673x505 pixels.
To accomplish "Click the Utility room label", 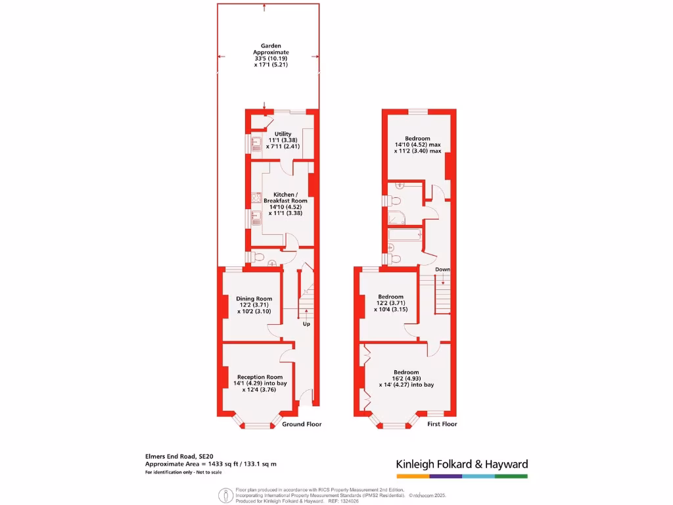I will (283, 134).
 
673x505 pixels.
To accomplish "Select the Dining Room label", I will (254, 299).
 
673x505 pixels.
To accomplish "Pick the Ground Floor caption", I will (302, 424).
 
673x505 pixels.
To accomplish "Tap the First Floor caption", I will (442, 424).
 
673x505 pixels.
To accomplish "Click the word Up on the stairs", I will (306, 324).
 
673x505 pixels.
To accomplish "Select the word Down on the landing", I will (442, 270).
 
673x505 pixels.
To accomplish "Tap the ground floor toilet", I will (259, 256).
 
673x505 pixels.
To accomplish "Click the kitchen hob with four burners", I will (255, 195).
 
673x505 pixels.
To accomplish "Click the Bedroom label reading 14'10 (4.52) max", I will (417, 145).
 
